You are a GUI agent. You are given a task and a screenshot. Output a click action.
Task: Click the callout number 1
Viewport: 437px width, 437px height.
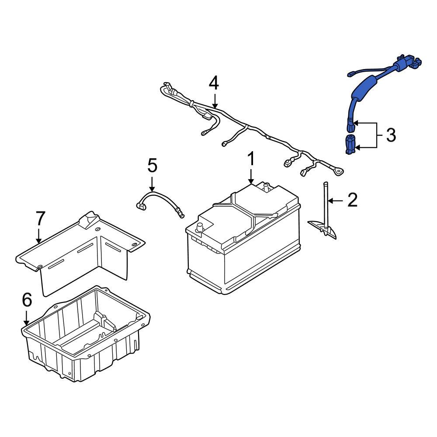tap(251, 160)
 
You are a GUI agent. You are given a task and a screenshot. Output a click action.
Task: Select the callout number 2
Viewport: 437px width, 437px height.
tap(352, 200)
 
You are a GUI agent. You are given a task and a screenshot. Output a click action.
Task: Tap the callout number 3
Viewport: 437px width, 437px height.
tap(391, 135)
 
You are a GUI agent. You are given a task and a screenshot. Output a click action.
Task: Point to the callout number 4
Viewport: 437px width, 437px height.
tap(213, 83)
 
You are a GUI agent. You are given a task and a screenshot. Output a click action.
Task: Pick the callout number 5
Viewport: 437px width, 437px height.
tap(152, 166)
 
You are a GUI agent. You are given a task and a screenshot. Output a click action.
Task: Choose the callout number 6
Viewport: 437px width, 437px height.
tap(27, 300)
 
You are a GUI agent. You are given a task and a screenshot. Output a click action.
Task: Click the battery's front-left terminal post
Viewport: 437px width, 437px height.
tap(201, 227)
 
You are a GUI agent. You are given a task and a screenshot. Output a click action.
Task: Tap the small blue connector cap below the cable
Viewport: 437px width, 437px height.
tap(350, 145)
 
